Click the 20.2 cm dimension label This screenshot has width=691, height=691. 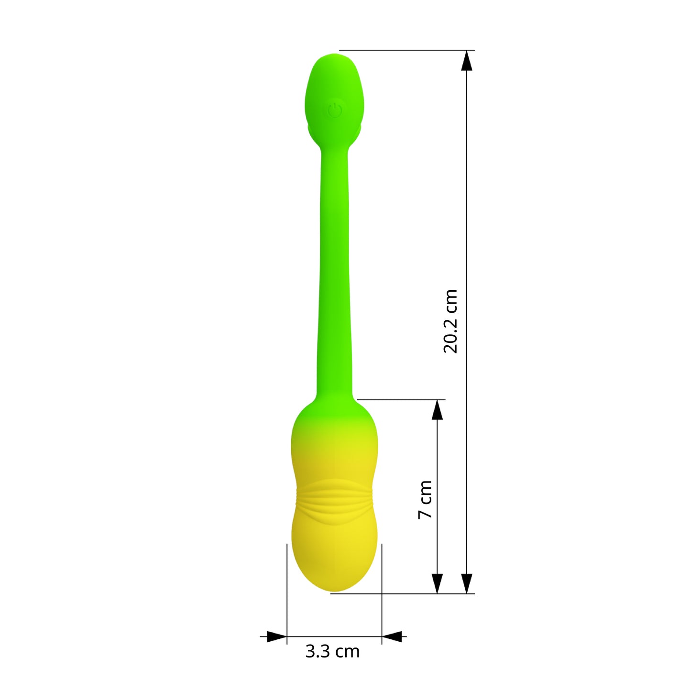[x=450, y=322]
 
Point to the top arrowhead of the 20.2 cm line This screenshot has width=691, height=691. [x=467, y=61]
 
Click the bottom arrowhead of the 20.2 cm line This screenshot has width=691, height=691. [x=467, y=583]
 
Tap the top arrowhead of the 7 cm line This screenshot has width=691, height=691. [x=437, y=410]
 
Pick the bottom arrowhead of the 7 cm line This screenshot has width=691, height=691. [x=437, y=583]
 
